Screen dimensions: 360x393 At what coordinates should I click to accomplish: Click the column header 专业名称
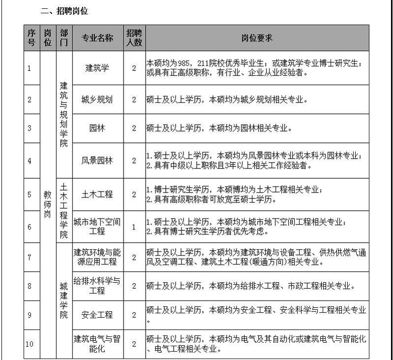[97, 38]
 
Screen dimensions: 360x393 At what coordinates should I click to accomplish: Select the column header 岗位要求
[257, 38]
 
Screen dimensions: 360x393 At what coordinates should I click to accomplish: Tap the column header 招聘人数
[134, 38]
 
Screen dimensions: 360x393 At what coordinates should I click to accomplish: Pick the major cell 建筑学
[97, 68]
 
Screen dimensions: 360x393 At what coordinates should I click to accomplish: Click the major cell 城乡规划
[97, 99]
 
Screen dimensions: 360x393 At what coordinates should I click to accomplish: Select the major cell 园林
[97, 128]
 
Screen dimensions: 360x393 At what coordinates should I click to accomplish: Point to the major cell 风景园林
[97, 161]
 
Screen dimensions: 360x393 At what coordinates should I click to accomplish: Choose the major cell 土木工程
[97, 195]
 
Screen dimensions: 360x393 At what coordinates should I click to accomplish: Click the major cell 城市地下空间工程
[97, 227]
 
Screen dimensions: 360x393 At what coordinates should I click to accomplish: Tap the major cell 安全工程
[97, 315]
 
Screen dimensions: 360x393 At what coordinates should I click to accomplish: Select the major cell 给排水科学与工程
[97, 286]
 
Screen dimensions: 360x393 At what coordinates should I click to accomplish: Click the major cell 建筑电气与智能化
[97, 344]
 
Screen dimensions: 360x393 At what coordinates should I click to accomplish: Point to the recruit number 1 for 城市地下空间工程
[134, 227]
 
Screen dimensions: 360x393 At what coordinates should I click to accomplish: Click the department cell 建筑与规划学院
[64, 114]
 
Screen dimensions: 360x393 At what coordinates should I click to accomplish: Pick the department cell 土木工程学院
[64, 210]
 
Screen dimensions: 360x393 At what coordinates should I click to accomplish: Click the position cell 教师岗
[48, 204]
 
